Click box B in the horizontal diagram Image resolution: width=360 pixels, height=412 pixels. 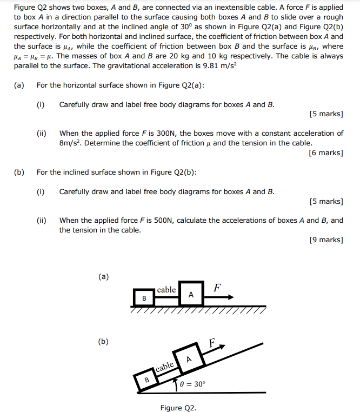pos(144,298)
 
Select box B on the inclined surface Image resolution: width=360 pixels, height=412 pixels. pos(146,380)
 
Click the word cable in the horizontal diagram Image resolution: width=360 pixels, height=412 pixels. pos(166,290)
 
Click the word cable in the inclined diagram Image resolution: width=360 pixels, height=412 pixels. pos(165,368)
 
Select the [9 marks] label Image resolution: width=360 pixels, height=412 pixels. pos(326,240)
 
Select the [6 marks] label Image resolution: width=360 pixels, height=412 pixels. pos(326,153)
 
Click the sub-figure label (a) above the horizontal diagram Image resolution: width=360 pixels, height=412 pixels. pos(103,276)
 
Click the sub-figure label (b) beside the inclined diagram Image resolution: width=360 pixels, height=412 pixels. pos(103,341)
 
